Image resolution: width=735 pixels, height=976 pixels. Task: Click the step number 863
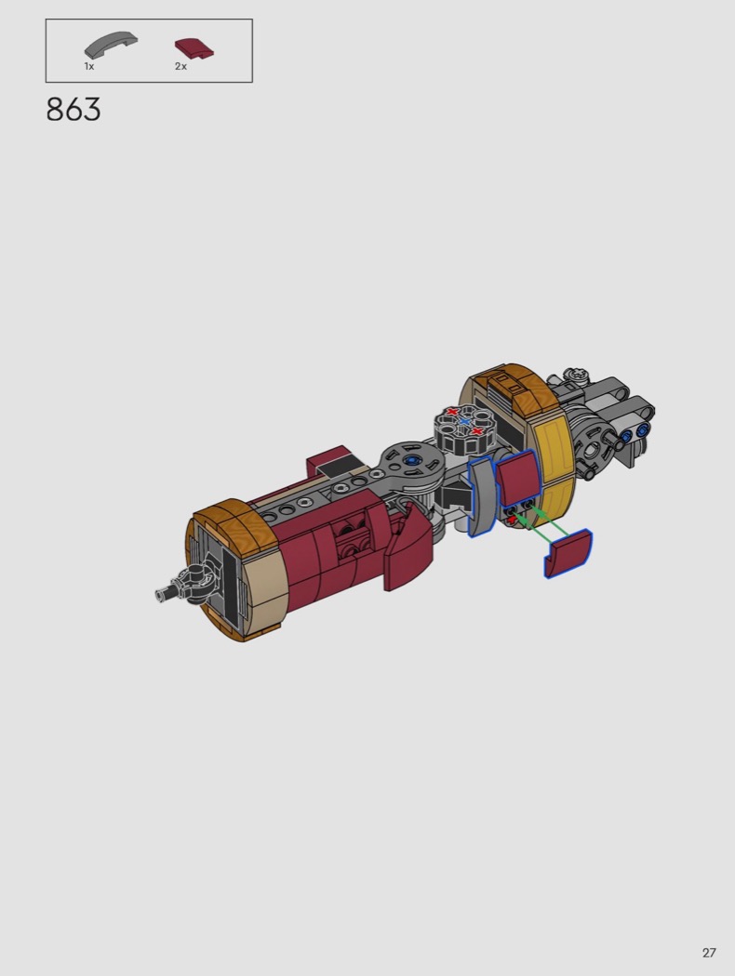[73, 110]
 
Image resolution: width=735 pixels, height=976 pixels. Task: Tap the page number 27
[709, 953]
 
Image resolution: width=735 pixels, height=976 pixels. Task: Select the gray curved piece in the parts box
[111, 46]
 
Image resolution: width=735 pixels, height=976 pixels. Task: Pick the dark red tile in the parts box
[194, 49]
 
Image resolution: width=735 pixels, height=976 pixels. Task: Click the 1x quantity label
[89, 66]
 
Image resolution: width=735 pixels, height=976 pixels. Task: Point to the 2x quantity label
[180, 66]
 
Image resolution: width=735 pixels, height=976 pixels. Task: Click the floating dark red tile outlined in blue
[568, 553]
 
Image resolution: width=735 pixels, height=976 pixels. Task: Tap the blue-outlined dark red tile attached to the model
[518, 478]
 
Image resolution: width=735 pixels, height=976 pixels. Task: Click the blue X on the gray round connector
[464, 421]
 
